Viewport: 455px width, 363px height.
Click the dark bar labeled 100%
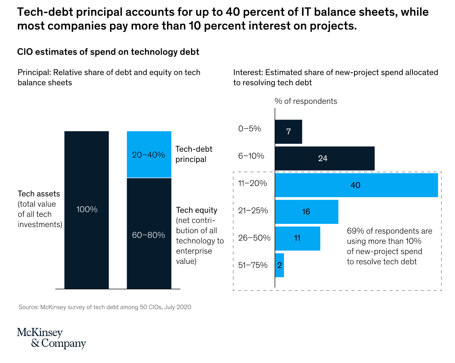click(x=87, y=210)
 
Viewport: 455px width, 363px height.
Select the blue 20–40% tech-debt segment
click(x=149, y=154)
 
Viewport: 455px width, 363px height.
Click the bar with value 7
click(x=289, y=132)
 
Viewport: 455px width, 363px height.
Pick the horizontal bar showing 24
click(x=324, y=158)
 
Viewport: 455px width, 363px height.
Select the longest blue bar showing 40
click(x=356, y=185)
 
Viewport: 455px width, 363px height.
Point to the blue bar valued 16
click(x=307, y=212)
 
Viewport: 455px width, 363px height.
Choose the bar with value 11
click(x=298, y=239)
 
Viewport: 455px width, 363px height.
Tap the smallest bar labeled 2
click(x=279, y=265)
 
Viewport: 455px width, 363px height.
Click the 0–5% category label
click(x=250, y=129)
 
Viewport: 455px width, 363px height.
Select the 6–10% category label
click(x=251, y=156)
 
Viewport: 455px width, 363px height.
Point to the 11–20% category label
click(x=253, y=183)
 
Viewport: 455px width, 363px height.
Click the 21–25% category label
click(x=253, y=211)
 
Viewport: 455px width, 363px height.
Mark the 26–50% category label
click(x=254, y=238)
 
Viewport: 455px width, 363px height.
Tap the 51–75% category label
click(x=253, y=265)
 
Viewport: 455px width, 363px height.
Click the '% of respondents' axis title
click(x=306, y=101)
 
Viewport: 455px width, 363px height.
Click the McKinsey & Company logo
click(x=51, y=338)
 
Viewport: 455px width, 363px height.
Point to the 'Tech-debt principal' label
click(x=194, y=154)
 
